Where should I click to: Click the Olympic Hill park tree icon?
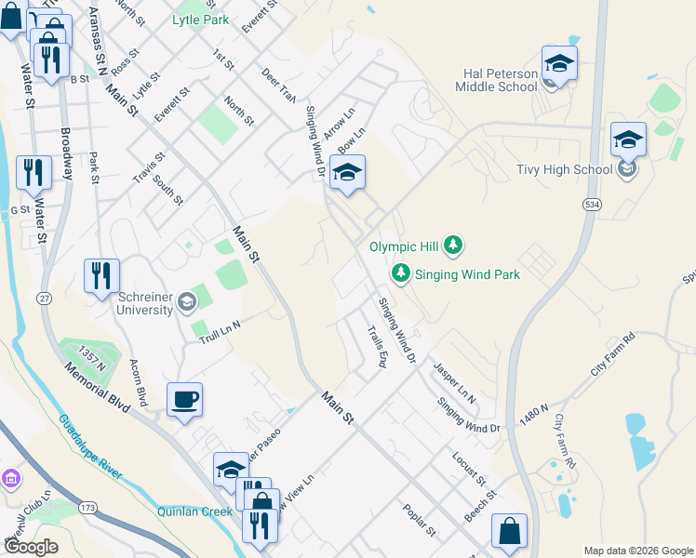pos(452,246)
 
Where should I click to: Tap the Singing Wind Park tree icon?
pos(400,273)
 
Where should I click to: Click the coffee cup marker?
pos(184,400)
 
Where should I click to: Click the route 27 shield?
pos(44,298)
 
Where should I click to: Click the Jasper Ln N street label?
pos(454,383)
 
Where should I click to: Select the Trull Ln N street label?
pos(221,331)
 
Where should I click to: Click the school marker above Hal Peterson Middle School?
pos(559,63)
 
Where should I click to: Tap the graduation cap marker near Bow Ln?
pos(348,173)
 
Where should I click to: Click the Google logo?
pos(31,547)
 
